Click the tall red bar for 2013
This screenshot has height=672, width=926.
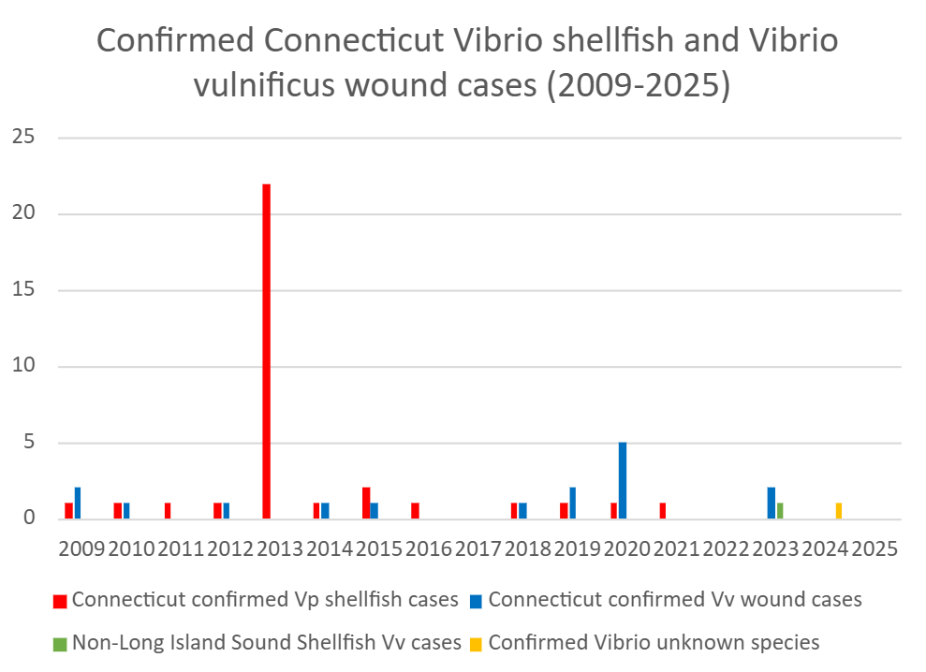click(267, 351)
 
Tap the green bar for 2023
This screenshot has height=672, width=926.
click(780, 511)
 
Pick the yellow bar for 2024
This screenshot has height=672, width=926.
click(839, 511)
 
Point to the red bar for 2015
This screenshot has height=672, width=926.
click(366, 504)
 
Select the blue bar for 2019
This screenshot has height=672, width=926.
click(573, 504)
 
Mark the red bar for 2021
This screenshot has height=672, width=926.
click(663, 511)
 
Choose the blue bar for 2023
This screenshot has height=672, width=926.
click(772, 504)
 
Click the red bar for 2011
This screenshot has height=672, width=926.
click(168, 511)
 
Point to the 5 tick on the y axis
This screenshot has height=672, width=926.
click(28, 443)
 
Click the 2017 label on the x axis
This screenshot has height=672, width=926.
click(478, 549)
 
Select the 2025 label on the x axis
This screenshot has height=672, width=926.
click(875, 549)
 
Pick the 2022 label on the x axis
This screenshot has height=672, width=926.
click(727, 549)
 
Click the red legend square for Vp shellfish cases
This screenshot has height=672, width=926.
click(59, 600)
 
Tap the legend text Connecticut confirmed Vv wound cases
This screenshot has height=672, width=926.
click(674, 599)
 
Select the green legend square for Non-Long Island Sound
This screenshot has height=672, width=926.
click(59, 643)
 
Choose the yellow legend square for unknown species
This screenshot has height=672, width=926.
click(476, 643)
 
